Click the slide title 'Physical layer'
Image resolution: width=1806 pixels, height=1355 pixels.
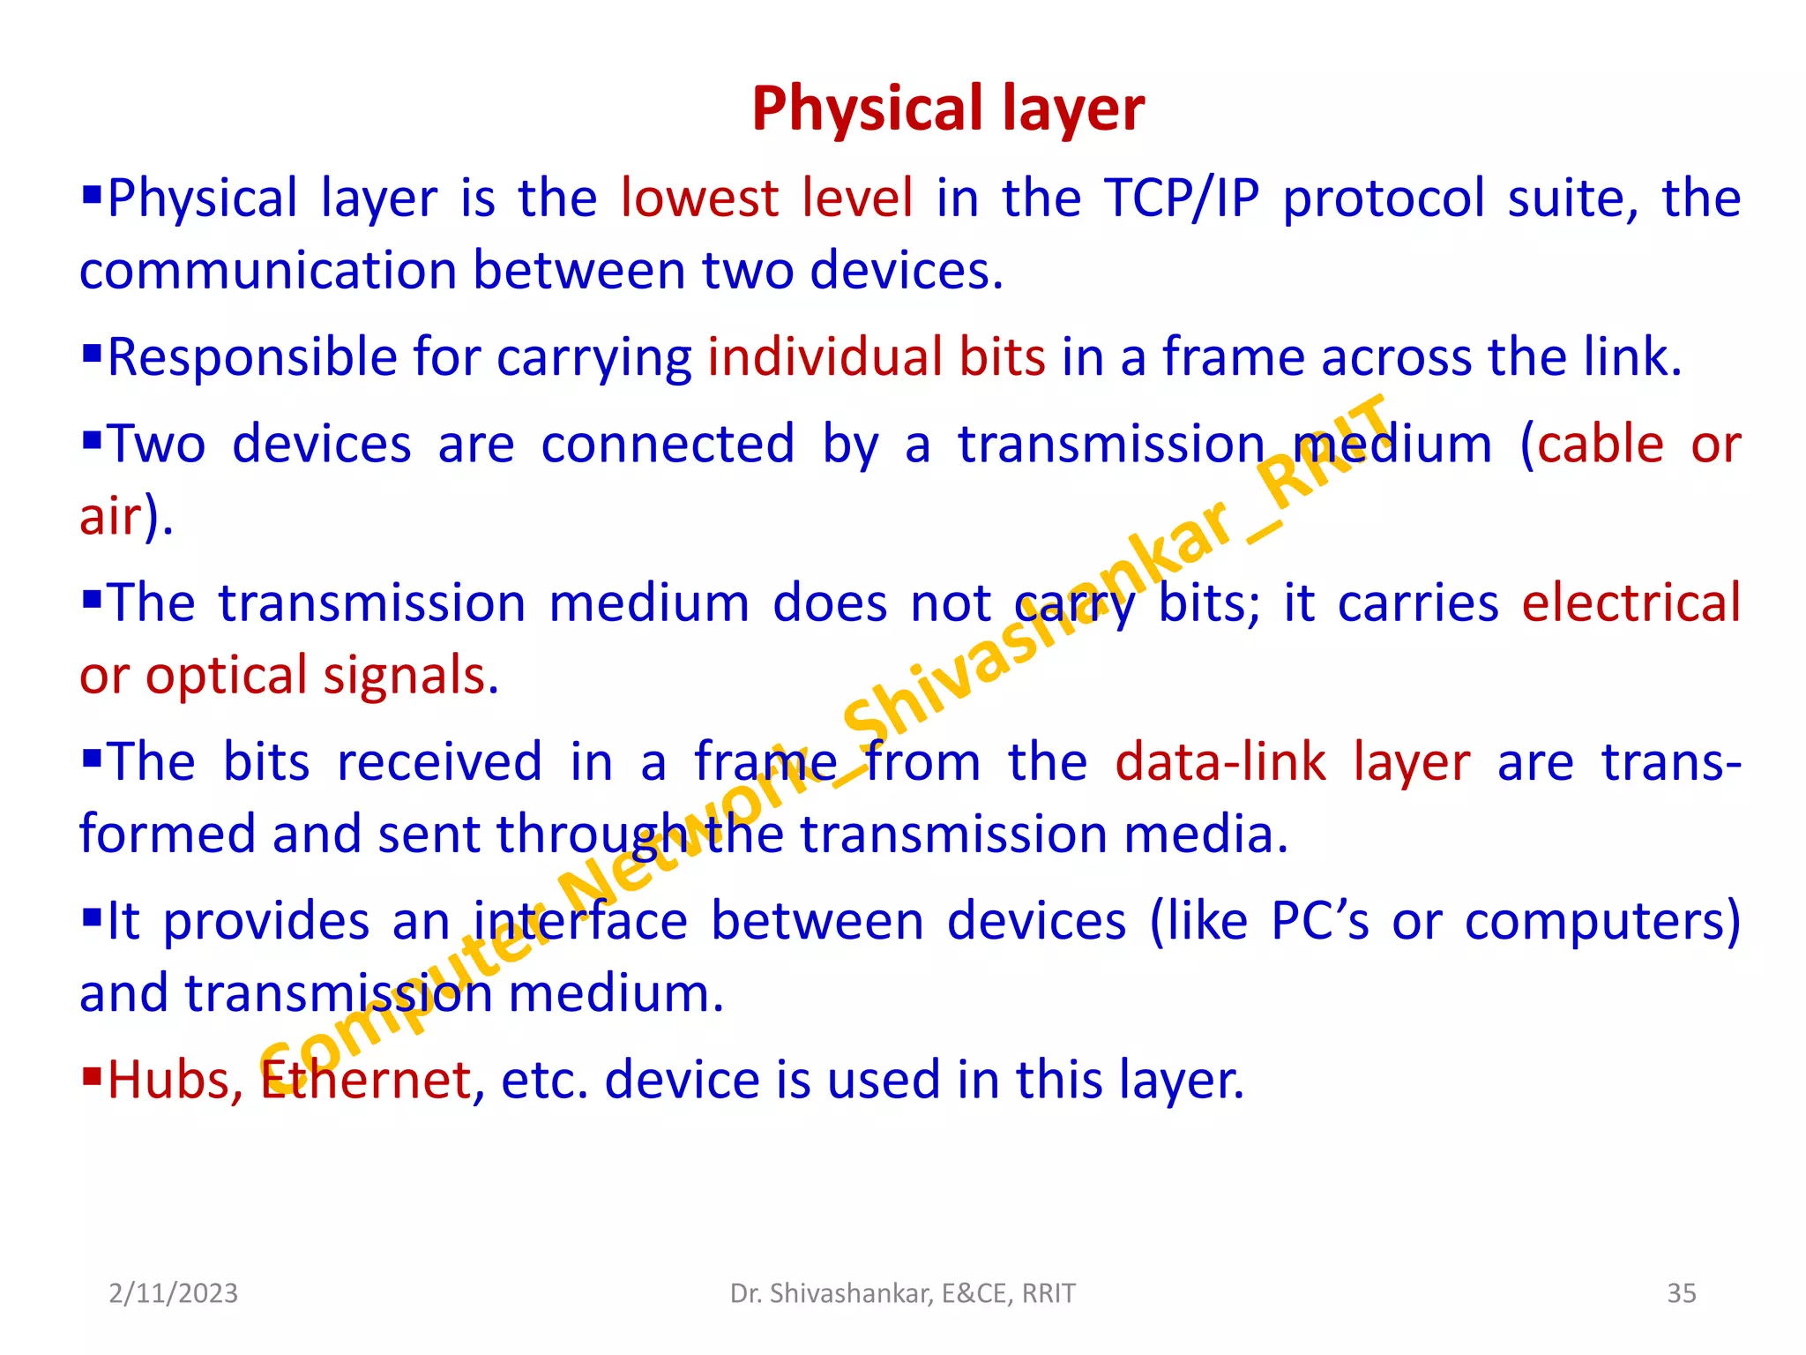pos(948,109)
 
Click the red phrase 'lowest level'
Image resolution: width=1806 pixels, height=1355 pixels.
pos(766,198)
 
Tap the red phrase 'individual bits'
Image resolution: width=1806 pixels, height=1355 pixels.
pos(877,357)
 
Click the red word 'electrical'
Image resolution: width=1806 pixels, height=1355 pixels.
pos(1631,603)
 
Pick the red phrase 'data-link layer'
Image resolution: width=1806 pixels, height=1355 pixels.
pos(1292,762)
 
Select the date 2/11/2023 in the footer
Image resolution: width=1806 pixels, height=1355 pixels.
pos(174,1293)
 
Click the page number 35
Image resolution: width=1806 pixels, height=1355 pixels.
pos(1681,1293)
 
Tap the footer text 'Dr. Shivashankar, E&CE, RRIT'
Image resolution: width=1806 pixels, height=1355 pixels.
pos(903,1293)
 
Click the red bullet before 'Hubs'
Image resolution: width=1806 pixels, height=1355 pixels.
pos(91,1074)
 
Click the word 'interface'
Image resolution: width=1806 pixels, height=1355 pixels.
pos(580,922)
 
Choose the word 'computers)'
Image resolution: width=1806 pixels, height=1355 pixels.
pos(1602,922)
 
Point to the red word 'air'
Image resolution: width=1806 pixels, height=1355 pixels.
pos(110,516)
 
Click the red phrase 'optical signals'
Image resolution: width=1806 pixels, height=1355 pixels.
pos(316,676)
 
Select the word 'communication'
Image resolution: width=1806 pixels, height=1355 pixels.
pos(267,270)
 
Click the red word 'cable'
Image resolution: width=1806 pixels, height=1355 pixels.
pos(1600,444)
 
